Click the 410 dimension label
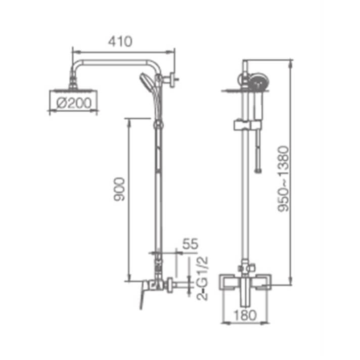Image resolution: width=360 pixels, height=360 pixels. click(120, 41)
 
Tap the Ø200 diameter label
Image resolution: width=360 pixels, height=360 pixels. click(74, 103)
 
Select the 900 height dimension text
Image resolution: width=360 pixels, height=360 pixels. click(120, 189)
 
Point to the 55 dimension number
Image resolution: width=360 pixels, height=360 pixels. click(190, 244)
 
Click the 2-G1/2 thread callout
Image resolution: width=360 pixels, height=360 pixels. click(202, 278)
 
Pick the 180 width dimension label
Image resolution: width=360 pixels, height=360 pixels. click(245, 315)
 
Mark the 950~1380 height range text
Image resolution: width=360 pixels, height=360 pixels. click(283, 178)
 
